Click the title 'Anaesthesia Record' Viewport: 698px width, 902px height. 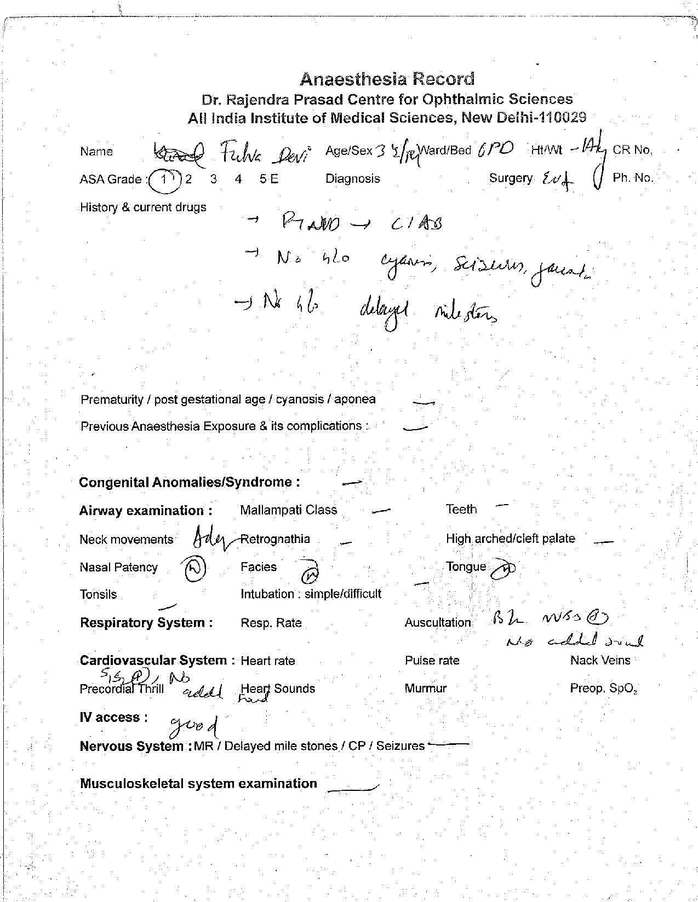point(387,79)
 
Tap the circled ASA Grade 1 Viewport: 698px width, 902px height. point(163,180)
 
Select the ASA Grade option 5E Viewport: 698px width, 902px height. point(269,179)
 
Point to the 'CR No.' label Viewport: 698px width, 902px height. point(632,151)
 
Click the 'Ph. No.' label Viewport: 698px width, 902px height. point(633,178)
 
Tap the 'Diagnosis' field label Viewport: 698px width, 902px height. point(352,178)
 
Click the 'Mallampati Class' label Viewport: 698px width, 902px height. point(288,510)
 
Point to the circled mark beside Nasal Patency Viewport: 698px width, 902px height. point(193,568)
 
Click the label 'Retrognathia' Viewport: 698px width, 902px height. point(275,539)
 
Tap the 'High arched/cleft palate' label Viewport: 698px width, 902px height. point(510,539)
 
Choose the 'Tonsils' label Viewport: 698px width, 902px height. point(98,594)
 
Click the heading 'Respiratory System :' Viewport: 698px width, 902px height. point(146,623)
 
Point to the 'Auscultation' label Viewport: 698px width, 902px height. point(437,623)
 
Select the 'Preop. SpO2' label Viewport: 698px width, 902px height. point(603,689)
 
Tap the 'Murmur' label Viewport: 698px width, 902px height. point(425,689)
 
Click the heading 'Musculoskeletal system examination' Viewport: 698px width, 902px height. point(198,783)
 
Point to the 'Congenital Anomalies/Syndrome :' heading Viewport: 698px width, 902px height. point(189,482)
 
